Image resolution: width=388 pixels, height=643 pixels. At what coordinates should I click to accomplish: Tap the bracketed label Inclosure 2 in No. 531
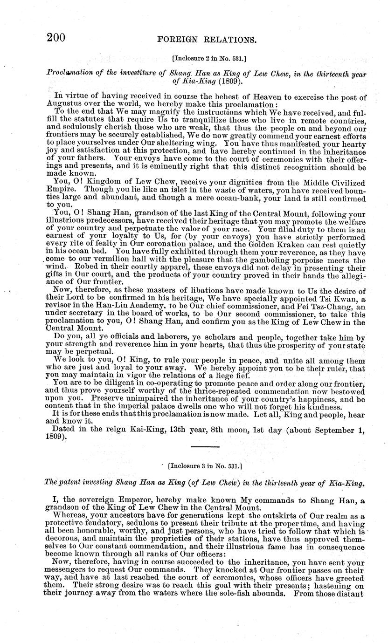207,60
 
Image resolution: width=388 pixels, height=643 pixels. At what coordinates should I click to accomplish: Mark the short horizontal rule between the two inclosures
205,447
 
